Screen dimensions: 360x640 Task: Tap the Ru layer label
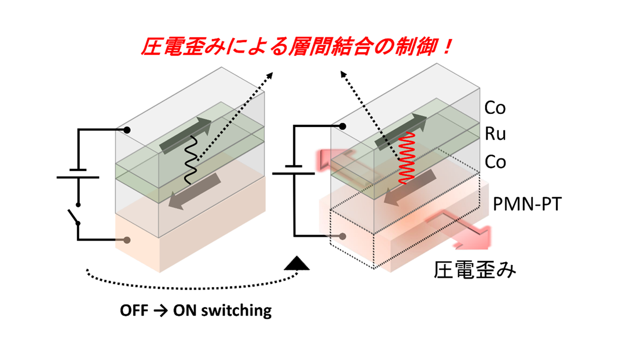pyautogui.click(x=495, y=134)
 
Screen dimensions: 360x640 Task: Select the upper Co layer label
pyautogui.click(x=495, y=108)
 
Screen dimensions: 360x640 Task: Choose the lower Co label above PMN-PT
pyautogui.click(x=495, y=162)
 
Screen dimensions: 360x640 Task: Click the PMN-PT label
pyautogui.click(x=527, y=204)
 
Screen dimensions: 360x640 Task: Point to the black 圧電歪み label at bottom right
pyautogui.click(x=475, y=270)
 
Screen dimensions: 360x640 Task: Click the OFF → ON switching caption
pyautogui.click(x=196, y=310)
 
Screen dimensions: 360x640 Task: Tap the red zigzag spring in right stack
pyautogui.click(x=406, y=158)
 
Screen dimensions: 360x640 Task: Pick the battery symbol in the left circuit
pyautogui.click(x=78, y=174)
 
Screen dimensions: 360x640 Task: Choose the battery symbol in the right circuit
pyautogui.click(x=294, y=170)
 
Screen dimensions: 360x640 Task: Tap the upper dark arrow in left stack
pyautogui.click(x=185, y=135)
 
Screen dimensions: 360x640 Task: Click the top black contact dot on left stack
pyautogui.click(x=127, y=130)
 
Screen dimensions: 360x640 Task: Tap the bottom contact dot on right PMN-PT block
pyautogui.click(x=342, y=236)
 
